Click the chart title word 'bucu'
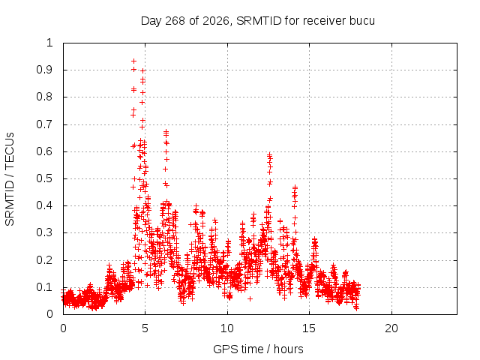361,21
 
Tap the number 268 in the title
175,21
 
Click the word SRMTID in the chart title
259,21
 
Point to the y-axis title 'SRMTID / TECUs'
10,179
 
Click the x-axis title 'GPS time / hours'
258,349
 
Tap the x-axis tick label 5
145,328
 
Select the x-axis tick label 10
227,328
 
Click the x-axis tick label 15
309,328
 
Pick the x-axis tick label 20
391,328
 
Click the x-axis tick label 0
63,328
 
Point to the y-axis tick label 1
50,43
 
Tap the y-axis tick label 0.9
45,70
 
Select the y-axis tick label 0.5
45,178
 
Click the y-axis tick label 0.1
45,287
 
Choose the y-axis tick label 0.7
45,124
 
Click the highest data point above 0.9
133,61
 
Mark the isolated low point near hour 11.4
250,298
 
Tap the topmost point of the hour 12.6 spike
270,154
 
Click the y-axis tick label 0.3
45,232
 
